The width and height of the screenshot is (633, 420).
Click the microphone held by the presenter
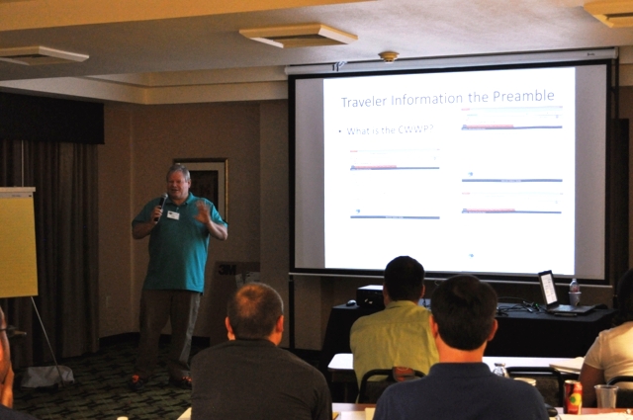(x=161, y=204)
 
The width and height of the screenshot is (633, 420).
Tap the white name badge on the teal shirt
(x=173, y=214)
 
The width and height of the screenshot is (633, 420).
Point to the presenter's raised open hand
(x=203, y=211)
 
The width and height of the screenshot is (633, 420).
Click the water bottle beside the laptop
(x=574, y=293)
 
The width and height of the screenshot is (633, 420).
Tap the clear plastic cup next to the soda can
(x=605, y=396)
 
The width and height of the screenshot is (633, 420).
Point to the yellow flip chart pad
(x=17, y=242)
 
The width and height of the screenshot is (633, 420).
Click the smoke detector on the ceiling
(x=389, y=55)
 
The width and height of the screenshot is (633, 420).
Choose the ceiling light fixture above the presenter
(x=297, y=36)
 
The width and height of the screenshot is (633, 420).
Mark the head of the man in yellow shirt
(x=404, y=280)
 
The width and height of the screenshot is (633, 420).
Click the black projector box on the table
(x=371, y=294)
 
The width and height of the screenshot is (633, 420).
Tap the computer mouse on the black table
(x=350, y=302)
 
